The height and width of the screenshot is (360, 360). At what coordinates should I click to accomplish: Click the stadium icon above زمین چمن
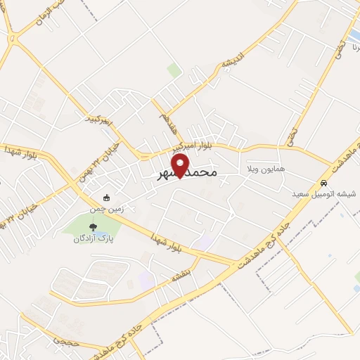pyautogui.click(x=105, y=198)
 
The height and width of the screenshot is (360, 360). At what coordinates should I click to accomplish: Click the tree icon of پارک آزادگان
pyautogui.click(x=94, y=226)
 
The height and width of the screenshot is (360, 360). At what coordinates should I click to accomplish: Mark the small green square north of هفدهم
pyautogui.click(x=174, y=70)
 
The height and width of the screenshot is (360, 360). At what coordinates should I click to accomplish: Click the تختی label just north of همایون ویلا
pyautogui.click(x=290, y=131)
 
